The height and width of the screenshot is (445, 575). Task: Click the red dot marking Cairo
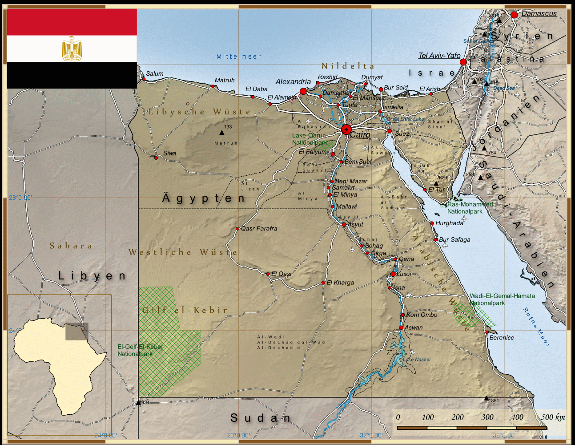[x=346, y=129]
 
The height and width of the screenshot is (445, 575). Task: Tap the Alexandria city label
[x=293, y=82]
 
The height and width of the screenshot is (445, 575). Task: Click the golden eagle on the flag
[x=72, y=49]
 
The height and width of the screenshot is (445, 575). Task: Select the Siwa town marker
[x=156, y=158]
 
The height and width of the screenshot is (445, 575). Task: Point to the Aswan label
[x=414, y=328]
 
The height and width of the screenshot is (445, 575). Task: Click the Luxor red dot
[x=393, y=274]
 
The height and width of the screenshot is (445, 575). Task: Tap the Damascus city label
[x=539, y=14]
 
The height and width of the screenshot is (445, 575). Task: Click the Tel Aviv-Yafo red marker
[x=463, y=62]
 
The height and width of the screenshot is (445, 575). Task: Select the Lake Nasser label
[x=417, y=360]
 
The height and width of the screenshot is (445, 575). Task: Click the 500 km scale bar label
[x=553, y=417]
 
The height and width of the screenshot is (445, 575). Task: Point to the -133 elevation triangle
[x=221, y=132]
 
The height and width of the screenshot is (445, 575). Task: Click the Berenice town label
[x=501, y=338]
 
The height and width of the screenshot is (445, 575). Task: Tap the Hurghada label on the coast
[x=449, y=223]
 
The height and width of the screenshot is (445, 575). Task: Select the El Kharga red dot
[x=323, y=283]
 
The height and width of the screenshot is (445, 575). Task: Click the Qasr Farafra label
[x=259, y=229]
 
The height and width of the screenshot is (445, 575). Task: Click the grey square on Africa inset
[x=76, y=332]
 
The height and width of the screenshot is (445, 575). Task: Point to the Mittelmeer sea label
[x=239, y=57]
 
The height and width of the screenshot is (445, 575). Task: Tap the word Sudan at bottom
[x=261, y=418]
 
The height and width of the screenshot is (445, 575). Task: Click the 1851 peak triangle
[x=486, y=398]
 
